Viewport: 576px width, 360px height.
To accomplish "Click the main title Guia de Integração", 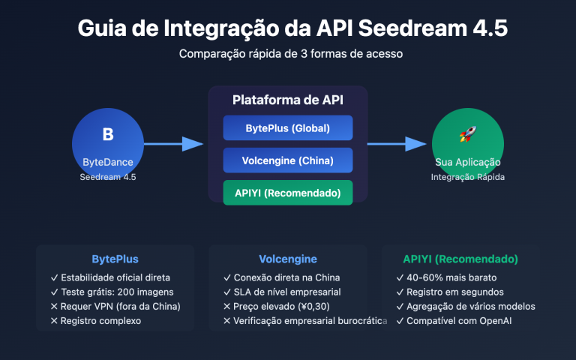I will pos(292,28).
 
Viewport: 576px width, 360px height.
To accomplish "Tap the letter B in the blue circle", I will pos(107,135).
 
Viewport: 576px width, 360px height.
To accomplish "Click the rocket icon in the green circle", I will pos(467,135).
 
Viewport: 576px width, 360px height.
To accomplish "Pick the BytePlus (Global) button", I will pos(287,128).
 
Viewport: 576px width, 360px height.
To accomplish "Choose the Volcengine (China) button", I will pos(287,160).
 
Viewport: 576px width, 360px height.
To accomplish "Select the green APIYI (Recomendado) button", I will pos(287,192).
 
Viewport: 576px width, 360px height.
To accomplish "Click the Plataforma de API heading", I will pos(287,100).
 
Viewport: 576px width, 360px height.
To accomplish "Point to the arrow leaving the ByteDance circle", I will pos(172,144).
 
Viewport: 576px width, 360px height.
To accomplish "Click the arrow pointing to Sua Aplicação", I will pos(397,144).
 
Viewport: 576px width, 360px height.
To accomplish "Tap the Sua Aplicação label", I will pos(467,162).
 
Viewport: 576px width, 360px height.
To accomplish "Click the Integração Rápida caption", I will pos(467,177).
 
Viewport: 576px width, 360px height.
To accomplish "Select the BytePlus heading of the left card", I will pos(115,259).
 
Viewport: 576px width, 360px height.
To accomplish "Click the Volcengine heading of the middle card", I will pos(287,259).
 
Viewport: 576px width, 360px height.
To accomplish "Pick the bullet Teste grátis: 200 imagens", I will pos(112,292).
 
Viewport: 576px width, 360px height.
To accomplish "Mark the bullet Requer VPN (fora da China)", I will pos(115,306).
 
